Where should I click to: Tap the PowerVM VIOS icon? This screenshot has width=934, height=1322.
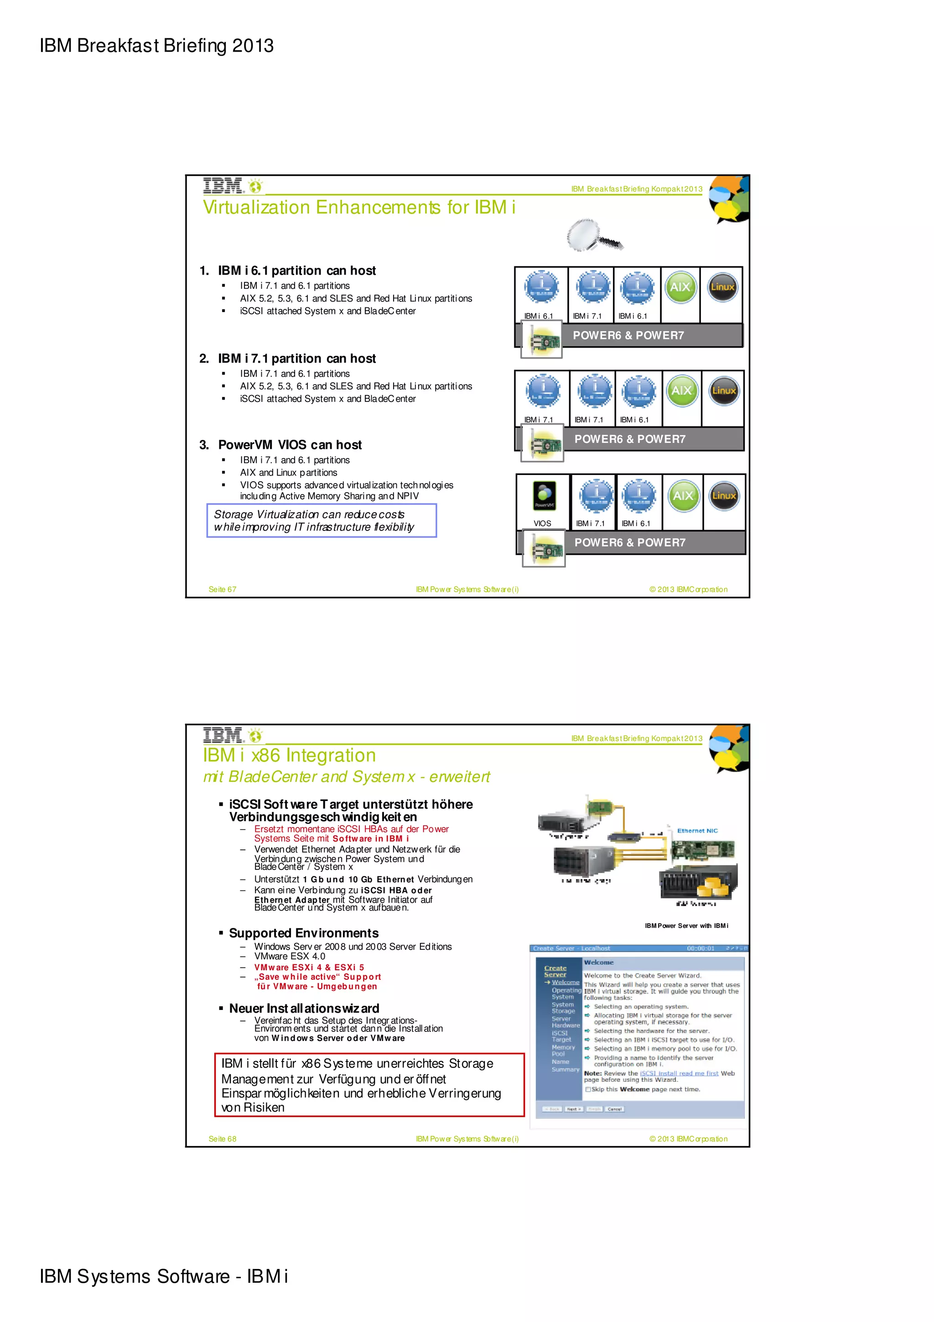545,495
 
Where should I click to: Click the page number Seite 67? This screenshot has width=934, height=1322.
222,589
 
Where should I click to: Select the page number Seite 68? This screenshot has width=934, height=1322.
222,1138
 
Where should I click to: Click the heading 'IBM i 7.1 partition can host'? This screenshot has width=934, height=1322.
296,358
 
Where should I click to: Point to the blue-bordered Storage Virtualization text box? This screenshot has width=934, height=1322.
321,520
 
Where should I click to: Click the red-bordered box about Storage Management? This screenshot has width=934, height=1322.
369,1085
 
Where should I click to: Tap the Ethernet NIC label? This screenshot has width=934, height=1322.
697,830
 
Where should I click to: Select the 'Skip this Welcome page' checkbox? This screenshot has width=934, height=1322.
587,1089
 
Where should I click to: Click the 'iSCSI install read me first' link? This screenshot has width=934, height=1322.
679,1072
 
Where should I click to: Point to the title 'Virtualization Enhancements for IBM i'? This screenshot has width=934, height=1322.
358,207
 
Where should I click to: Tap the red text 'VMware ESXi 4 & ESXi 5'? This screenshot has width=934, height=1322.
309,967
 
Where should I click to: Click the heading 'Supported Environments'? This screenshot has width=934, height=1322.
303,933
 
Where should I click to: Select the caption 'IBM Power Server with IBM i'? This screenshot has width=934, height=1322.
686,925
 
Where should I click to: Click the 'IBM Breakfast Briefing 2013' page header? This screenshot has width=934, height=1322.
156,46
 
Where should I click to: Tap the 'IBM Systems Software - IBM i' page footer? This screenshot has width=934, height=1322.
163,1276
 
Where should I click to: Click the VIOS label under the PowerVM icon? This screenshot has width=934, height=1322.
542,523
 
